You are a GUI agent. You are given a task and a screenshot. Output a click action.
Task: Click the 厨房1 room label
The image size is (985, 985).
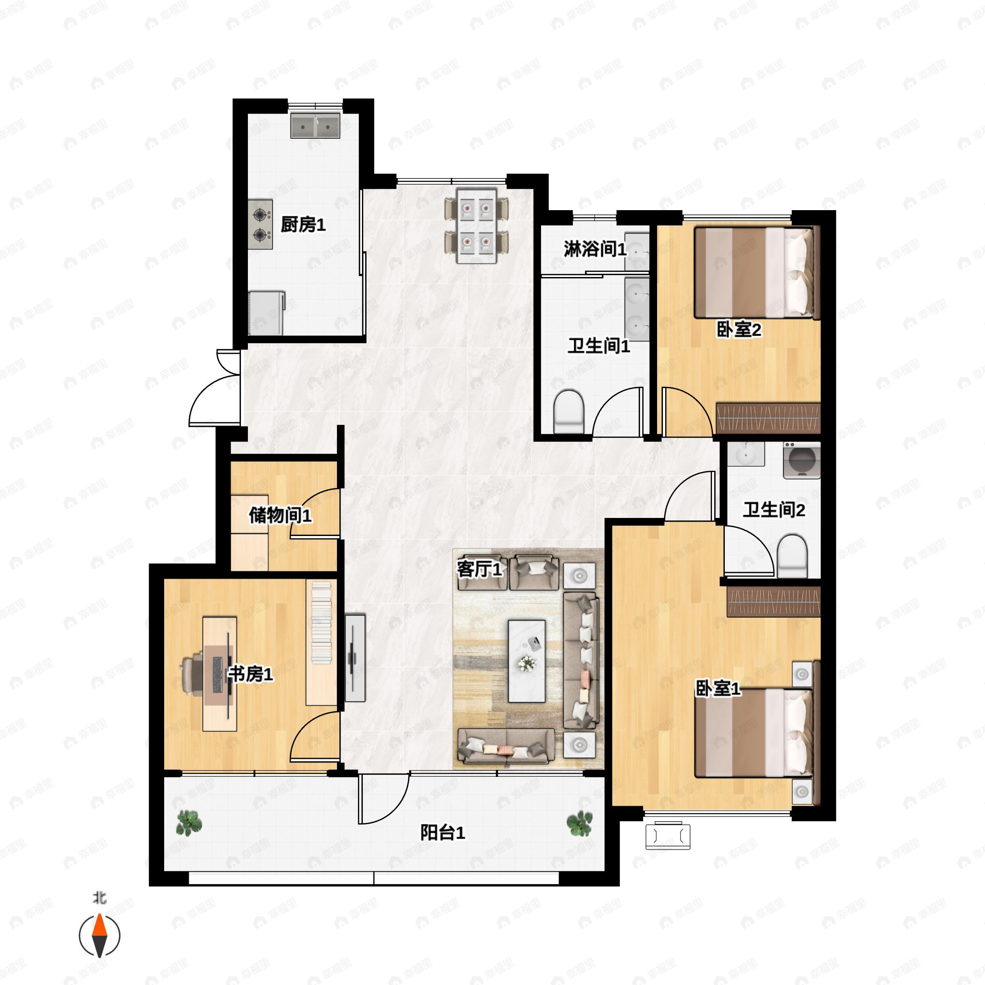tap(303, 224)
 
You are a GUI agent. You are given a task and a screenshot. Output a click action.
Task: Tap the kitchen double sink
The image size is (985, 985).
tap(315, 126)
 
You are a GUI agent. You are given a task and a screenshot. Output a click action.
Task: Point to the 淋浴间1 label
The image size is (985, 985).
tap(594, 249)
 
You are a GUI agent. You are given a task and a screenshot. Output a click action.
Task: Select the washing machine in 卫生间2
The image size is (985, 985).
tap(802, 460)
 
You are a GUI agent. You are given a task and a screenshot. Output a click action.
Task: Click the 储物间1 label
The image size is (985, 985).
tap(280, 515)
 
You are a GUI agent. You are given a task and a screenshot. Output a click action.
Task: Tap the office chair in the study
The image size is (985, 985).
tap(194, 674)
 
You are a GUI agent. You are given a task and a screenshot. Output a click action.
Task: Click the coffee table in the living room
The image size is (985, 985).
tap(527, 661)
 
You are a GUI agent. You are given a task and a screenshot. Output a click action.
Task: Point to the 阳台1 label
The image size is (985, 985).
tap(442, 833)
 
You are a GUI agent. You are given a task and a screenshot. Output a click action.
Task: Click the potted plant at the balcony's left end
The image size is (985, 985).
tap(189, 823)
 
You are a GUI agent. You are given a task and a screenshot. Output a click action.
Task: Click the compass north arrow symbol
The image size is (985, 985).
tap(99, 936)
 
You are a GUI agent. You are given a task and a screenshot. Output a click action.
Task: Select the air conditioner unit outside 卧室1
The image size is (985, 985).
tap(668, 836)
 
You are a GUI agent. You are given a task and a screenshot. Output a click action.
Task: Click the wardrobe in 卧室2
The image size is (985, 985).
tap(768, 418)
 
